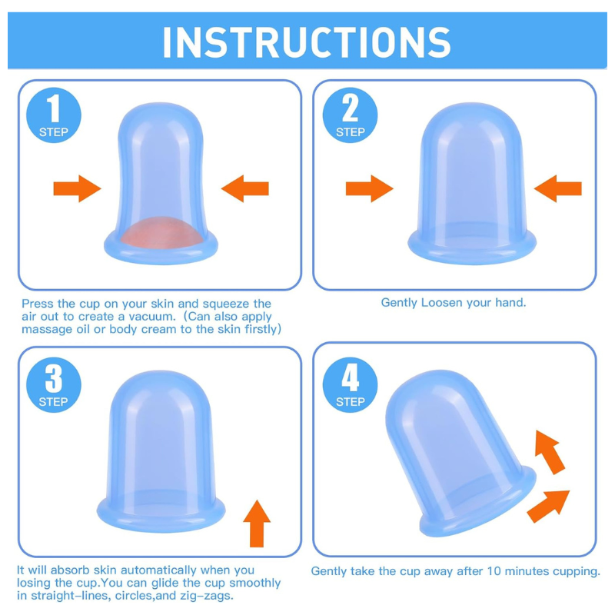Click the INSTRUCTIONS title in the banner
pos(306,42)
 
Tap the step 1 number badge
pos(54,115)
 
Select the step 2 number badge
pos(350,115)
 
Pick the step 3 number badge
pos(54,385)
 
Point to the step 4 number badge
pos(350,385)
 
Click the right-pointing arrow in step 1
pos(78,188)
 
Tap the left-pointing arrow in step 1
pos(245,188)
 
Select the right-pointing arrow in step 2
pos(370,188)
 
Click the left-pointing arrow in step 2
pos(558,188)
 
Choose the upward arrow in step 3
pos(257,524)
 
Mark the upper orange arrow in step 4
pos(550,452)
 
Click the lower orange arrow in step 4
pos(548,506)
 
